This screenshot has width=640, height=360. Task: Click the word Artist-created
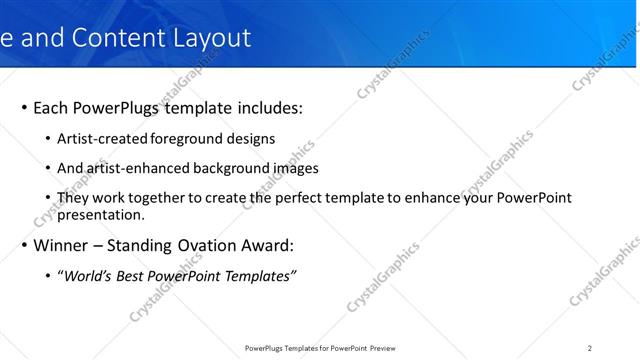pyautogui.click(x=103, y=139)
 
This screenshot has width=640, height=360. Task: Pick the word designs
pyautogui.click(x=250, y=139)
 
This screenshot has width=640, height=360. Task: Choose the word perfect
pyautogui.click(x=315, y=198)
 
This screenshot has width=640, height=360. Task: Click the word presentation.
pyautogui.click(x=101, y=214)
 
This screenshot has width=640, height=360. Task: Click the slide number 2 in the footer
pyautogui.click(x=590, y=348)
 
